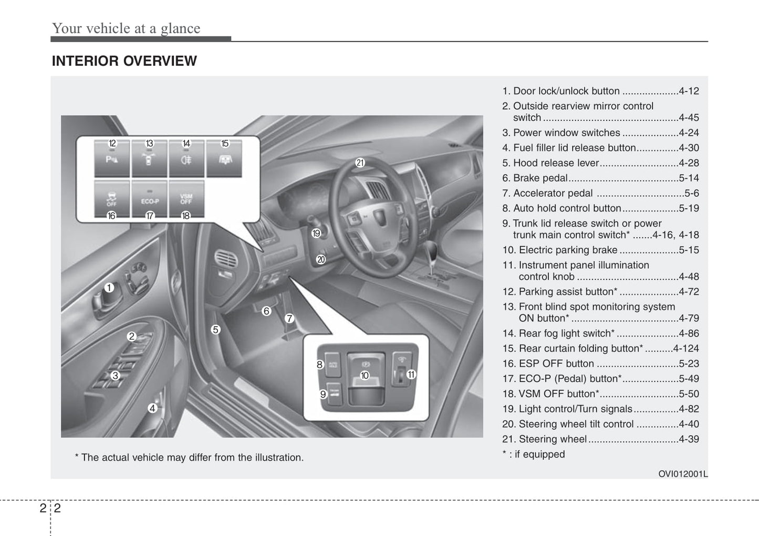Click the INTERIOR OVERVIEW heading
[124, 61]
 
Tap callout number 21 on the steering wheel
[360, 163]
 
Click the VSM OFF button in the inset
[186, 199]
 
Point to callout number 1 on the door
[109, 288]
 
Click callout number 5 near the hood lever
[215, 330]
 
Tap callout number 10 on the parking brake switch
[365, 375]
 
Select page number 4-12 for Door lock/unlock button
[689, 91]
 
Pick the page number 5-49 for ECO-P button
[689, 379]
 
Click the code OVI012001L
[683, 474]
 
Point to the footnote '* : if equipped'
[534, 454]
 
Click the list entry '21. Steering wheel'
[545, 439]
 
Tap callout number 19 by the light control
[316, 233]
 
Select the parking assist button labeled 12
[112, 159]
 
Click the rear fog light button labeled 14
[186, 159]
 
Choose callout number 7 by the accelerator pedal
[289, 318]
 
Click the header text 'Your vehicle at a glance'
[126, 28]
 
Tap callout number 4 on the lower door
[152, 408]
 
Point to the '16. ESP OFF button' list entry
[548, 363]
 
